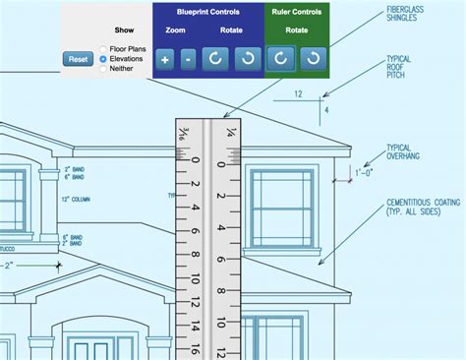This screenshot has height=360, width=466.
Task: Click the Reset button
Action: [x=77, y=59]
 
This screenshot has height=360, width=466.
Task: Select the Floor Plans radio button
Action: [x=103, y=48]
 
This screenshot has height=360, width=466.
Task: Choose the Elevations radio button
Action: [x=103, y=59]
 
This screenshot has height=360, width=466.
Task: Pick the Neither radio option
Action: [x=103, y=69]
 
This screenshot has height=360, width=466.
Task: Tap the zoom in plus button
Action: [x=164, y=59]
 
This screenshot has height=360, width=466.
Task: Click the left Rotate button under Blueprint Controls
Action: [x=214, y=59]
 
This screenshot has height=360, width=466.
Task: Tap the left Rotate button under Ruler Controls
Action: [x=280, y=59]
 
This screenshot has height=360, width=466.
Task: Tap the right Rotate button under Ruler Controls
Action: [x=312, y=59]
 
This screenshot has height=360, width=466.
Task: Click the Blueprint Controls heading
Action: [x=207, y=11]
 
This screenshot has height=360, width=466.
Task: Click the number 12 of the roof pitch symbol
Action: [x=299, y=94]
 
